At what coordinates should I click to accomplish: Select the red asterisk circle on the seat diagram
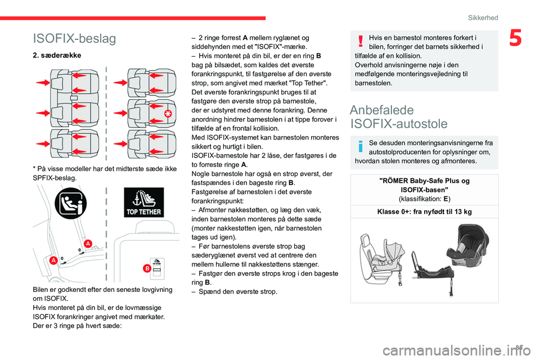[168, 114]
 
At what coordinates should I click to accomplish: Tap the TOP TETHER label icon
[143, 204]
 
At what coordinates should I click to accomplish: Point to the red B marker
[146, 269]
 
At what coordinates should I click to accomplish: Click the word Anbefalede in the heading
[382, 110]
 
